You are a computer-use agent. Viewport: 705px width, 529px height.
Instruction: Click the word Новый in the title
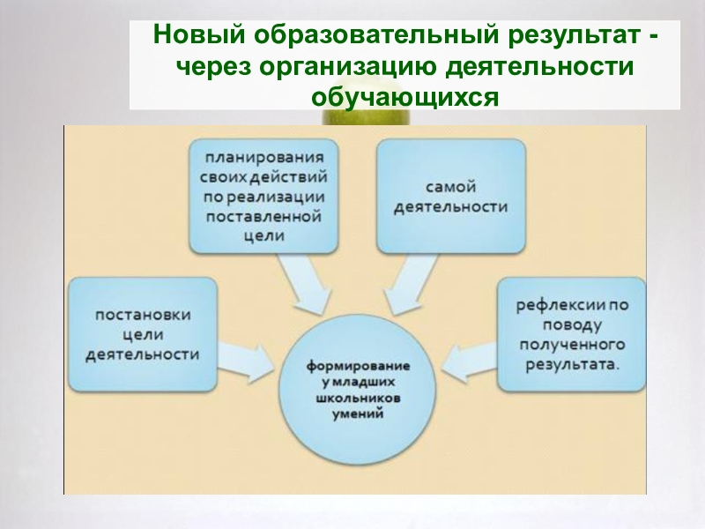coord(196,37)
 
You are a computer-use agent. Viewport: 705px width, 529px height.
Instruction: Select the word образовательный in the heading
coord(370,37)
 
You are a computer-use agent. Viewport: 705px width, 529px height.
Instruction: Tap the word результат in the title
coord(568,37)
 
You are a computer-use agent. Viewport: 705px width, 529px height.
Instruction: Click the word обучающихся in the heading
coord(404,94)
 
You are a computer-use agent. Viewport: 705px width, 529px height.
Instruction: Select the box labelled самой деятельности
coord(451,197)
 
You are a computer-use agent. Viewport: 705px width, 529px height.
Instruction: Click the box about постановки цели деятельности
coord(142,334)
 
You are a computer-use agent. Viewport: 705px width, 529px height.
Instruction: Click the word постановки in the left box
coord(142,315)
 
